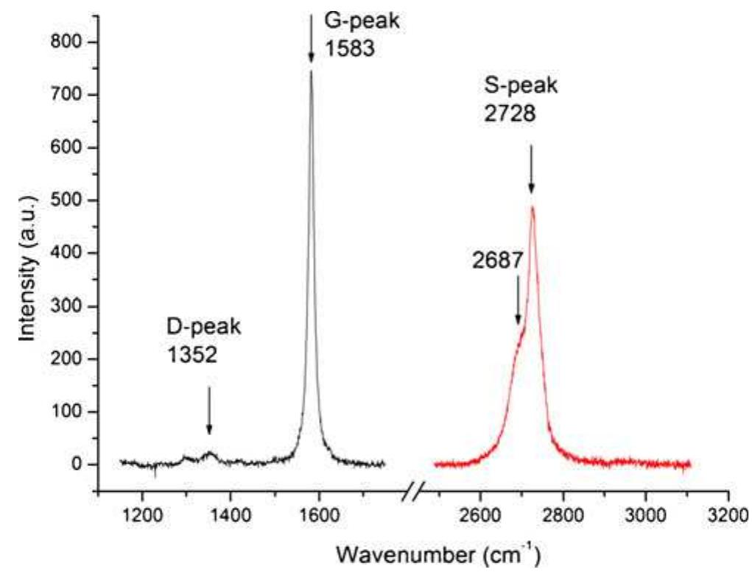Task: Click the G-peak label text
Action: [363, 21]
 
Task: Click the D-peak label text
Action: [203, 326]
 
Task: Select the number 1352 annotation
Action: [191, 357]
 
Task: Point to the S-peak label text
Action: [521, 85]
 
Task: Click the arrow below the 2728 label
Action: [531, 169]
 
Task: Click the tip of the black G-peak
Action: [311, 71]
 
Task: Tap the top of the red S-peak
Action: [532, 207]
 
